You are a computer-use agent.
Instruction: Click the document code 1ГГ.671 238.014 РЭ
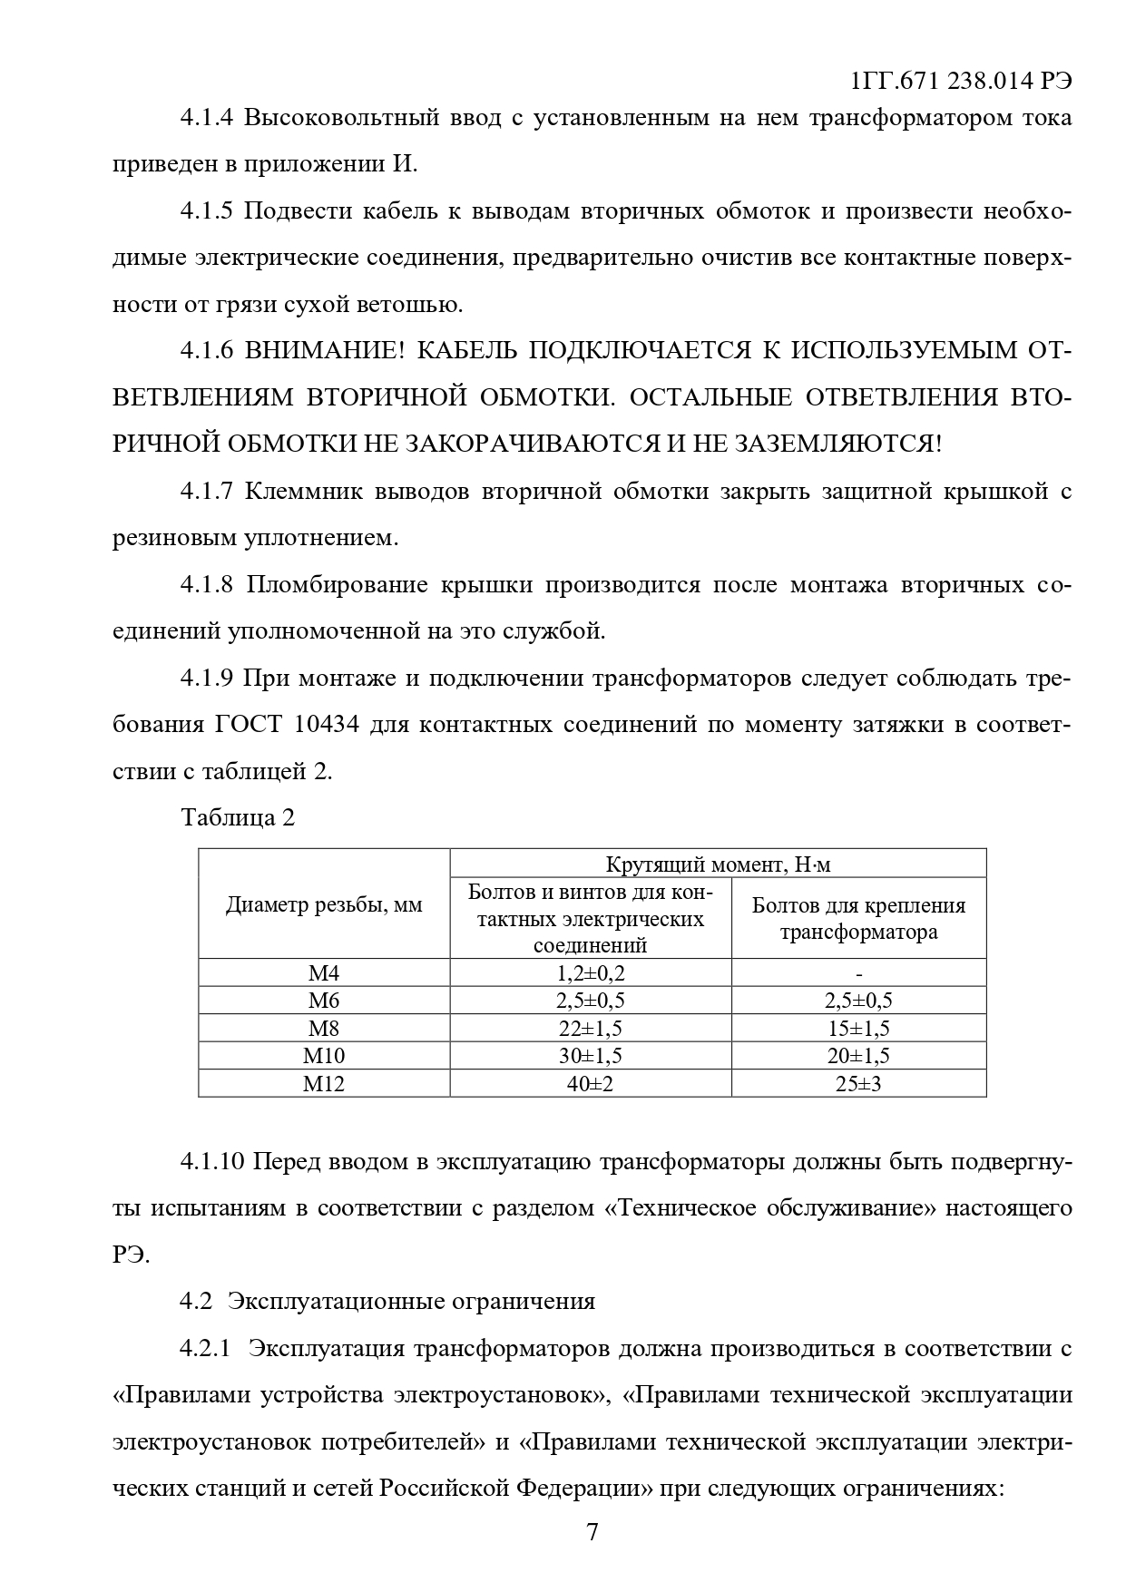(x=962, y=81)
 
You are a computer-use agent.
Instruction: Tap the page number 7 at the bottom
(x=592, y=1532)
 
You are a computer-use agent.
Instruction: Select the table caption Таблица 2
(x=239, y=817)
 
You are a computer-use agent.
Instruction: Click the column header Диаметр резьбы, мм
(x=324, y=904)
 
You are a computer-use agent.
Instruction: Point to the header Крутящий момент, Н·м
(x=718, y=864)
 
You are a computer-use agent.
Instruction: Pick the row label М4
(x=324, y=973)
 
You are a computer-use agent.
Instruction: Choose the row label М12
(x=324, y=1083)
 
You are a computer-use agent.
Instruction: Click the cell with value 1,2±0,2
(x=591, y=973)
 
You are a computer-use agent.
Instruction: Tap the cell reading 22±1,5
(x=591, y=1029)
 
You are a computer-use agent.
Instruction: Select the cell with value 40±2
(x=591, y=1083)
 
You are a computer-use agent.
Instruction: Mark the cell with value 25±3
(x=858, y=1083)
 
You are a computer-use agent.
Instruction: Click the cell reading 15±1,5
(x=858, y=1029)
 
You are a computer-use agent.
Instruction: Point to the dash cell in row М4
(x=858, y=973)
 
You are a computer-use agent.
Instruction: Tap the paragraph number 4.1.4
(x=207, y=118)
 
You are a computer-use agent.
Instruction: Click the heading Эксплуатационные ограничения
(x=412, y=1301)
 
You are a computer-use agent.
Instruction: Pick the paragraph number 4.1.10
(x=213, y=1161)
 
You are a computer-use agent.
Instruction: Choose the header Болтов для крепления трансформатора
(x=858, y=918)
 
